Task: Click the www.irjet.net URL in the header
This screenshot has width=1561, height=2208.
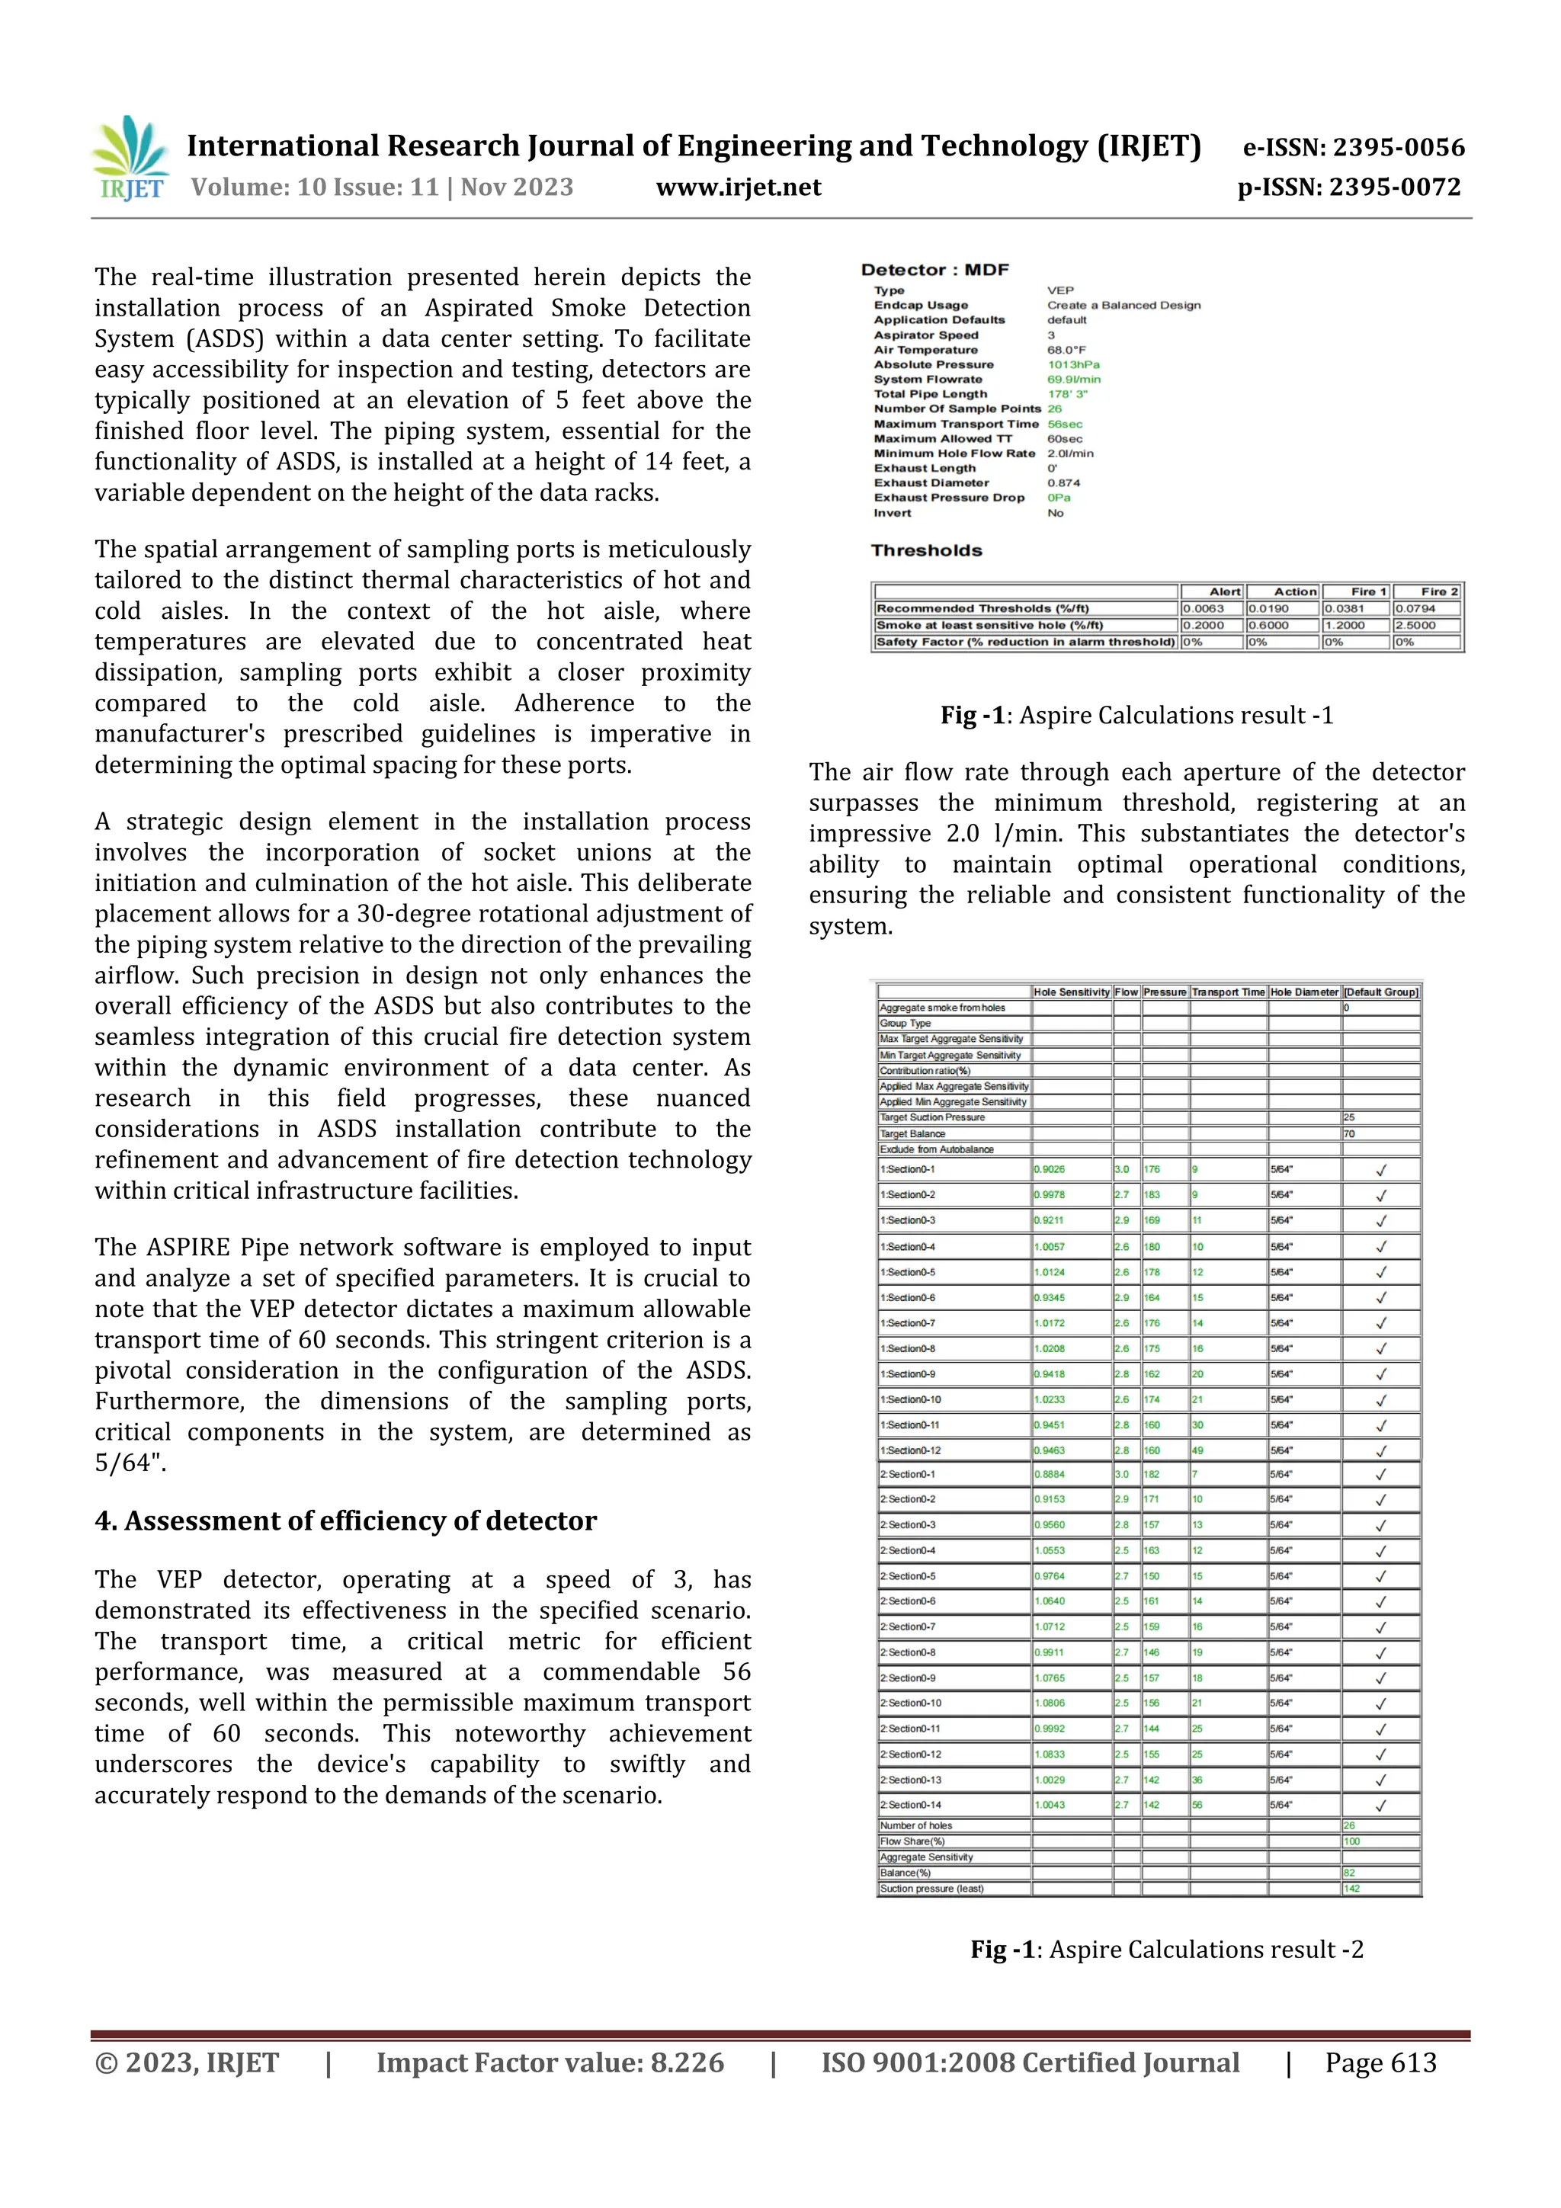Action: pyautogui.click(x=738, y=187)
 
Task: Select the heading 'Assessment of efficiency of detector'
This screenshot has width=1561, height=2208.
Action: pyautogui.click(x=360, y=1521)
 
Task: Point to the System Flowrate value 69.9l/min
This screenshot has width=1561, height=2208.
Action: pyautogui.click(x=1073, y=379)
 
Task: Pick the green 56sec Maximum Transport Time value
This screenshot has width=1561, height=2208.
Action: pyautogui.click(x=1064, y=424)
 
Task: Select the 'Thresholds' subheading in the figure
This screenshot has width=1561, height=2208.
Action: pyautogui.click(x=926, y=550)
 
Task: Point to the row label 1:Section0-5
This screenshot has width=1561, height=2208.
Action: pyautogui.click(x=907, y=1272)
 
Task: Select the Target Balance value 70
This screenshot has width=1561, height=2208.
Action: pyautogui.click(x=1348, y=1134)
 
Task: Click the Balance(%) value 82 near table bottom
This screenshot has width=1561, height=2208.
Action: pyautogui.click(x=1348, y=1873)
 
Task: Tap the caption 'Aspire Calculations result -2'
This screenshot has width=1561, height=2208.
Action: pyautogui.click(x=1206, y=1950)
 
